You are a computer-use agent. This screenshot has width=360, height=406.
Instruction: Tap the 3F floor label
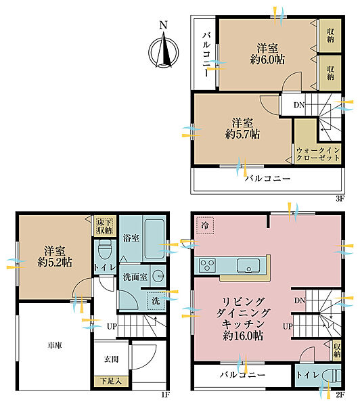pos(340,198)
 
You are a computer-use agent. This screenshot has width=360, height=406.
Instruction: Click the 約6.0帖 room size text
pos(267,60)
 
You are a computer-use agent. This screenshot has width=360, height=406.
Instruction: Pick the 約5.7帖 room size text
pos(242,134)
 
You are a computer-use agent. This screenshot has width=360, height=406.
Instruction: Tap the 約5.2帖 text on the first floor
pos(55,263)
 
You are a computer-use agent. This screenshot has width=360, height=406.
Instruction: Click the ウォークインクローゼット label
pos(318,154)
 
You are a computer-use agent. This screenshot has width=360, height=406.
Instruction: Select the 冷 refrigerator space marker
pos(205,225)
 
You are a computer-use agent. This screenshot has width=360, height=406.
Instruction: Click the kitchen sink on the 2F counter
pos(248,266)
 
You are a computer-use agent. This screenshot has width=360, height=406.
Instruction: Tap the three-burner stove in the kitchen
pos(207,265)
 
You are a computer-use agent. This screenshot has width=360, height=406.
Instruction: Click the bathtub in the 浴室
pos(154,239)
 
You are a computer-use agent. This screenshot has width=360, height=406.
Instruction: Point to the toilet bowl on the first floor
pos(105,249)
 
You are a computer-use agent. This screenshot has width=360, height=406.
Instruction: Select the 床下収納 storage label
pos(104,226)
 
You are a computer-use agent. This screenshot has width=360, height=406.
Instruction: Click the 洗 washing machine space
pos(156,300)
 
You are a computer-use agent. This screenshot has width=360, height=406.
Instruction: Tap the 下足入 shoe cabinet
pos(111,381)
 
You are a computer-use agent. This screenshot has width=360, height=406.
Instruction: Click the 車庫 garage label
pos(54,345)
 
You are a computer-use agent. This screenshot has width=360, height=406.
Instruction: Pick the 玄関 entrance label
pos(112,359)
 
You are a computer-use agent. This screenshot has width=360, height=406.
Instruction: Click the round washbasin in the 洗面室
pos(158,276)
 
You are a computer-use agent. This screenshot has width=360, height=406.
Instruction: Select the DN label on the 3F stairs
pos(299,105)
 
